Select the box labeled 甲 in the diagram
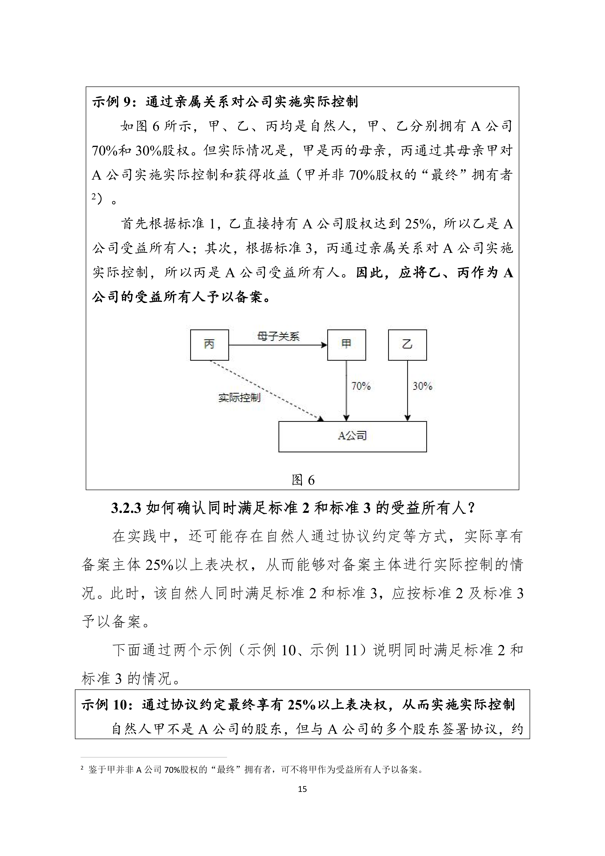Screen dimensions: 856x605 (x=346, y=345)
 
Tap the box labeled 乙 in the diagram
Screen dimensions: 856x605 (x=407, y=345)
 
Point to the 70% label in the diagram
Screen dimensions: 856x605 (x=361, y=386)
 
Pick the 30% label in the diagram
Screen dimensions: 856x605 (x=422, y=386)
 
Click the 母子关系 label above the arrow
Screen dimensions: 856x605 (x=278, y=337)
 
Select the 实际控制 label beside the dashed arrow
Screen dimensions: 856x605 (x=239, y=398)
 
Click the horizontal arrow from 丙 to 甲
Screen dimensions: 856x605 (x=278, y=345)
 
